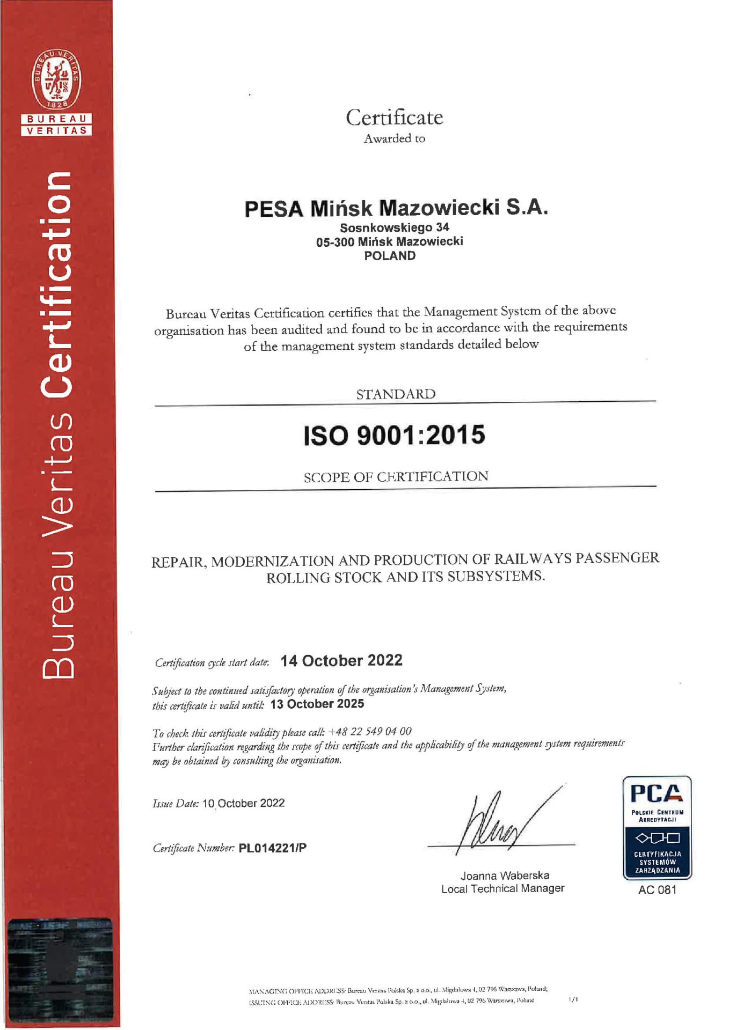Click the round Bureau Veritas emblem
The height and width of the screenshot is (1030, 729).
(56, 79)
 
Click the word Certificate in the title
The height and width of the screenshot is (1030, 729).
(394, 117)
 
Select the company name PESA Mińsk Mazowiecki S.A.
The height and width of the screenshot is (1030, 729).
(396, 208)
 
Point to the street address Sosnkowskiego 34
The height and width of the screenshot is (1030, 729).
(394, 227)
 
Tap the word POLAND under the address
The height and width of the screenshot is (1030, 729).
(390, 256)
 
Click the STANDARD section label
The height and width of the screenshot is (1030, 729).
(396, 394)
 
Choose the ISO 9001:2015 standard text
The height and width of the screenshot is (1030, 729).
(394, 435)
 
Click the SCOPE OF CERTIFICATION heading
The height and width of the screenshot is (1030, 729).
(396, 476)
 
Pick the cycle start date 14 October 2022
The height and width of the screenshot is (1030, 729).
(341, 661)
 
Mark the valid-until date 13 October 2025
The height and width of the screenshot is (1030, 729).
(317, 704)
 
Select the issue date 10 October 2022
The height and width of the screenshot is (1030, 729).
(243, 803)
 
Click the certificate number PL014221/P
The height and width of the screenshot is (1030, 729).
(272, 848)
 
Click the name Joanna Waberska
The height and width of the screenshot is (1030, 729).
(505, 876)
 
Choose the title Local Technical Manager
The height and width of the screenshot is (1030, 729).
(502, 888)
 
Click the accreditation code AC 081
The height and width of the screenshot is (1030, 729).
(657, 890)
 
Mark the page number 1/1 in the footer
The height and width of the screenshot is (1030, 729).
(573, 999)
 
